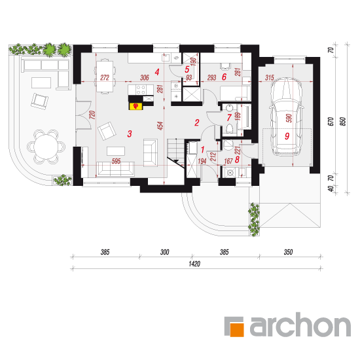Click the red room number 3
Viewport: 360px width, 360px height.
130,134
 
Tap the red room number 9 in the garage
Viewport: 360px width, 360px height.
287,136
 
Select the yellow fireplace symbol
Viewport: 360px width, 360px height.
136,106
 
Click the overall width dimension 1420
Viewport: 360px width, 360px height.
194,264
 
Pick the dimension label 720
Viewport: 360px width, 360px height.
92,115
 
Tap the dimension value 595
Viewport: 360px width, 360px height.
116,161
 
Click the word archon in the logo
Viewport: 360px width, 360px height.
300,325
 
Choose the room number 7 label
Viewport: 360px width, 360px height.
229,118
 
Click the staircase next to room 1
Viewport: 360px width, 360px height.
176,152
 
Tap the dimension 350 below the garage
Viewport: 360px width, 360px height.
288,252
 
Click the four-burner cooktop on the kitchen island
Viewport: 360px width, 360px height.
141,90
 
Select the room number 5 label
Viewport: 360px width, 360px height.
187,69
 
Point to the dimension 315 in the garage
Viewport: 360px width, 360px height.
270,77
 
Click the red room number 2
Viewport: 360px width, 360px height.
197,122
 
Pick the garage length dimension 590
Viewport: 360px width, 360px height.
289,118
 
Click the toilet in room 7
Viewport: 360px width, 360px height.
230,128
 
